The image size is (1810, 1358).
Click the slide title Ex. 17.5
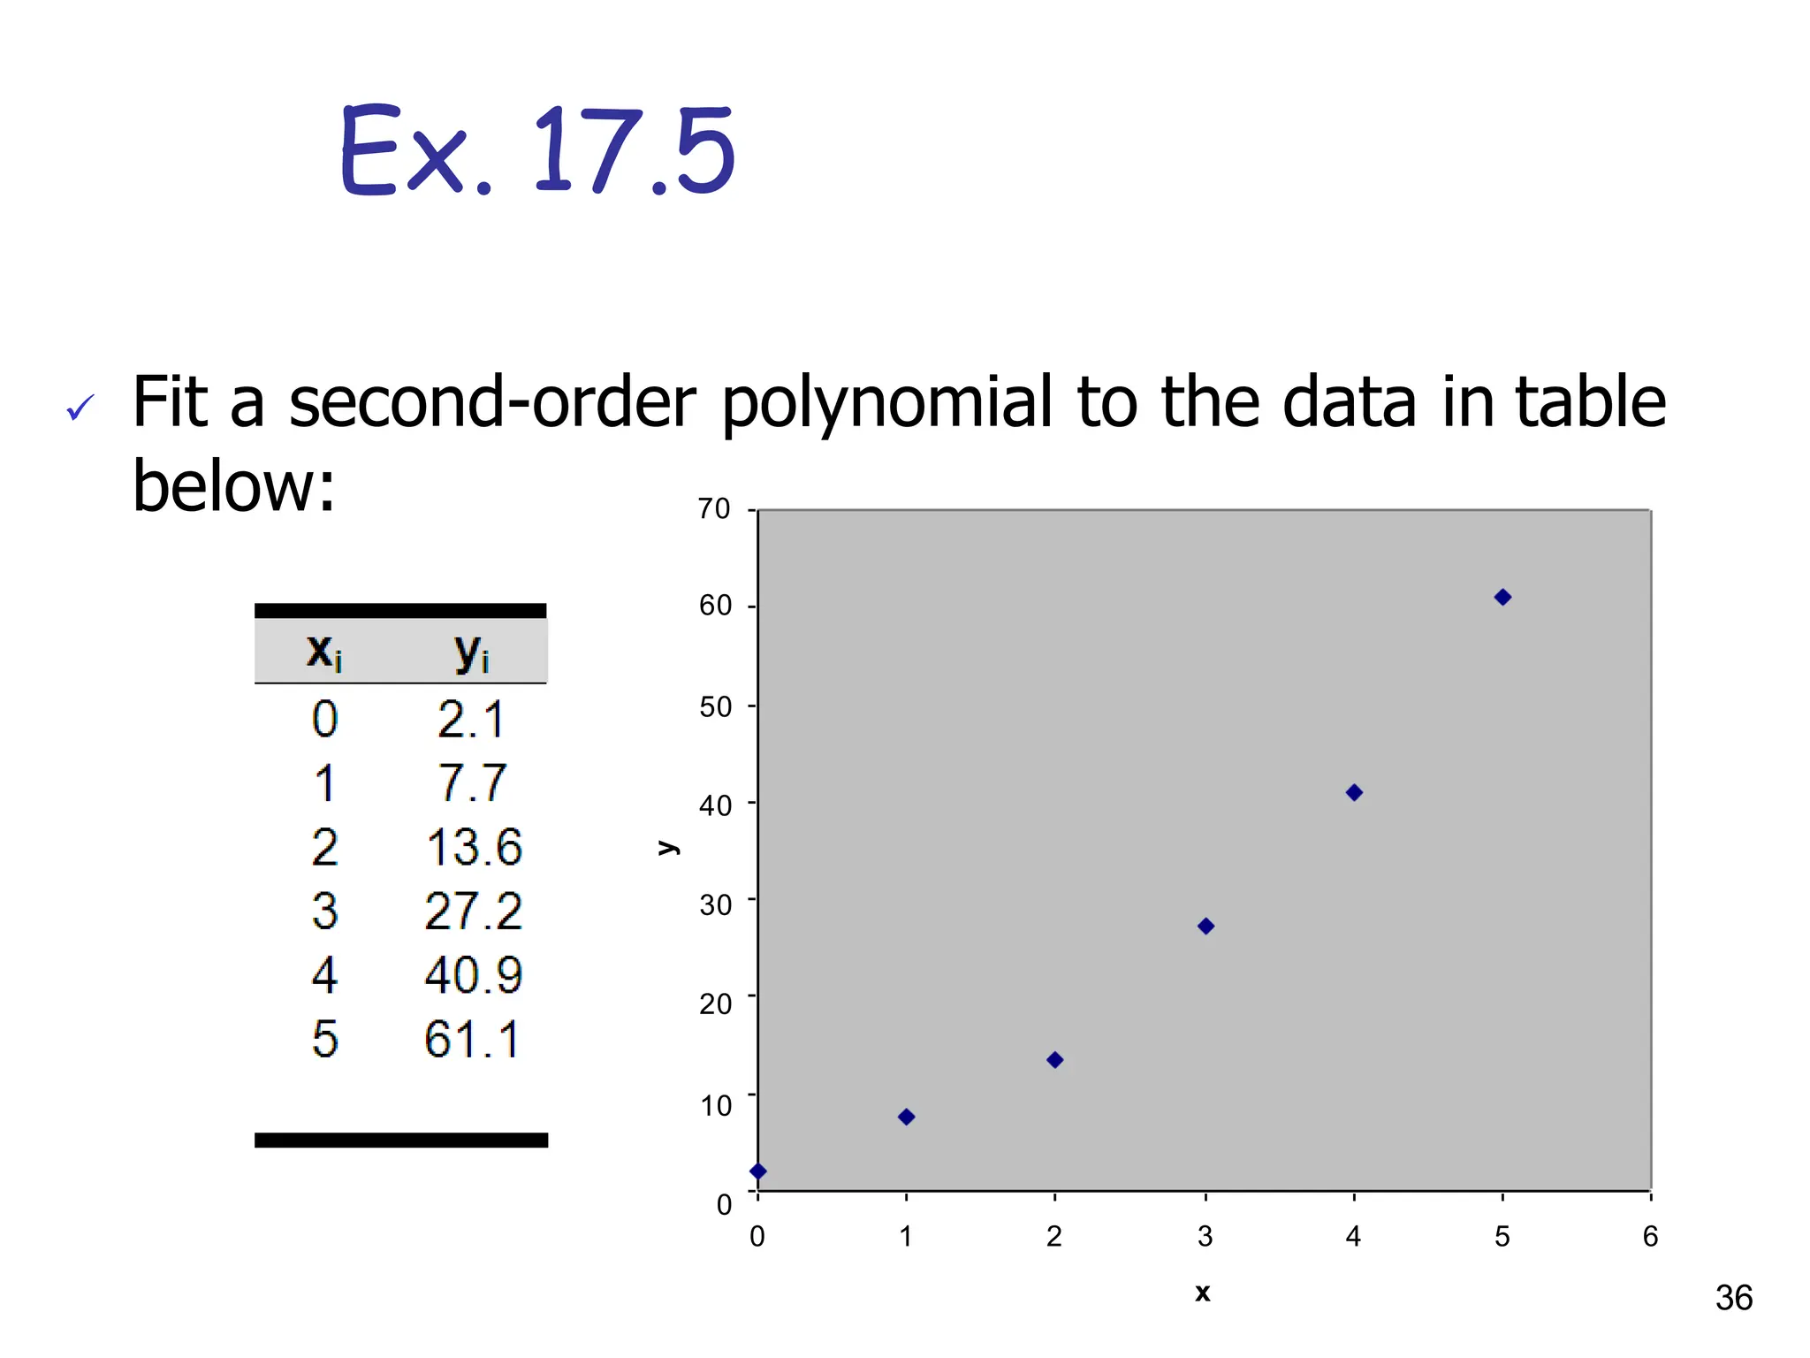(x=537, y=150)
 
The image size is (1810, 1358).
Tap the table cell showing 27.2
(x=474, y=912)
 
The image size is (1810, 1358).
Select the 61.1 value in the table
(x=472, y=1039)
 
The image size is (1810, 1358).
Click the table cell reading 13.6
(x=474, y=847)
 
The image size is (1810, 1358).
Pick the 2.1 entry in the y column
(x=470, y=720)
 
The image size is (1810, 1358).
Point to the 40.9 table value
(x=474, y=975)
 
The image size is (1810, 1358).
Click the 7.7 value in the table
(x=472, y=783)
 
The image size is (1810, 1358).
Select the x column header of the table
(x=323, y=652)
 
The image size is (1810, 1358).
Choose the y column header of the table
(x=472, y=652)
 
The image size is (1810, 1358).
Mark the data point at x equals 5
(x=1502, y=598)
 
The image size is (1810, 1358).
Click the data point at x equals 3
(x=1205, y=927)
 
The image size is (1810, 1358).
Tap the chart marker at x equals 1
(x=906, y=1117)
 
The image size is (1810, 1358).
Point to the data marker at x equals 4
(x=1354, y=793)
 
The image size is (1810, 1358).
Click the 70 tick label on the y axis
(x=714, y=509)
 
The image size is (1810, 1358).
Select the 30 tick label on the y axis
(x=715, y=905)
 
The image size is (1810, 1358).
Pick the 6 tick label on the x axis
(x=1650, y=1236)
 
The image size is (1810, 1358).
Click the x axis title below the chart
(x=1202, y=1293)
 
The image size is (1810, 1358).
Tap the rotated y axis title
(x=668, y=848)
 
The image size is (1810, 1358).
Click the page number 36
(x=1733, y=1298)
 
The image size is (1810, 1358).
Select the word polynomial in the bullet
(x=887, y=402)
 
